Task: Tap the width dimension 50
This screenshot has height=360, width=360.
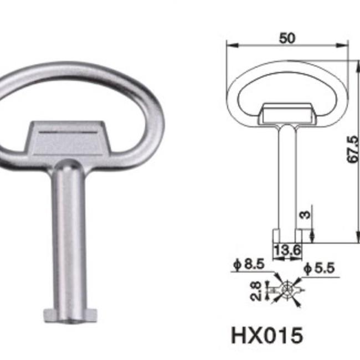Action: click(287, 38)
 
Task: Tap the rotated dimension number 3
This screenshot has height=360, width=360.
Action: click(304, 214)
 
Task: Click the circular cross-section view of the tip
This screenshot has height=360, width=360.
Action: click(287, 289)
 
